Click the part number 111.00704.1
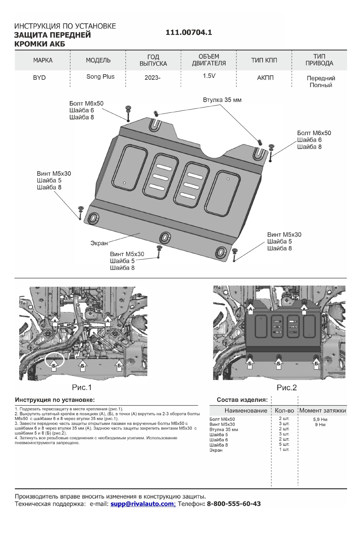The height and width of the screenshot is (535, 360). point(189,33)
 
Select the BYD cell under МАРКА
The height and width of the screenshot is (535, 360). point(39,78)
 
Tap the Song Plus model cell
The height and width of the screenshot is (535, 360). point(100,77)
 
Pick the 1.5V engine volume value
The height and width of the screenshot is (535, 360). point(209,76)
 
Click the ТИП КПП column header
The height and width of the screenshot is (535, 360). point(264,60)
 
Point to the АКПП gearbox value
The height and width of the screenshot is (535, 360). point(265,78)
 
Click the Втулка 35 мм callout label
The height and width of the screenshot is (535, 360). point(222,100)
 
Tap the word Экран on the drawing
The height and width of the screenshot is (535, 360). point(99,243)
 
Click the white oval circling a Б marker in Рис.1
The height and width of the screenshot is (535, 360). point(54,360)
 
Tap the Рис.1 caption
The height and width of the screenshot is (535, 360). point(82,387)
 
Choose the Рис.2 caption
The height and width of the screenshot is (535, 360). point(287,388)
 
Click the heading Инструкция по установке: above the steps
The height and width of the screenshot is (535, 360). point(55,400)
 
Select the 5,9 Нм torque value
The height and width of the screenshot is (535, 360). point(320,419)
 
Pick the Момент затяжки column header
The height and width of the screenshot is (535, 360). point(322,410)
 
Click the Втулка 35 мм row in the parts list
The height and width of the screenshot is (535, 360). point(224,430)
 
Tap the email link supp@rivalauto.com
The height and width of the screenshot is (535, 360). point(142,504)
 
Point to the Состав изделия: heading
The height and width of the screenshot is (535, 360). point(242,400)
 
